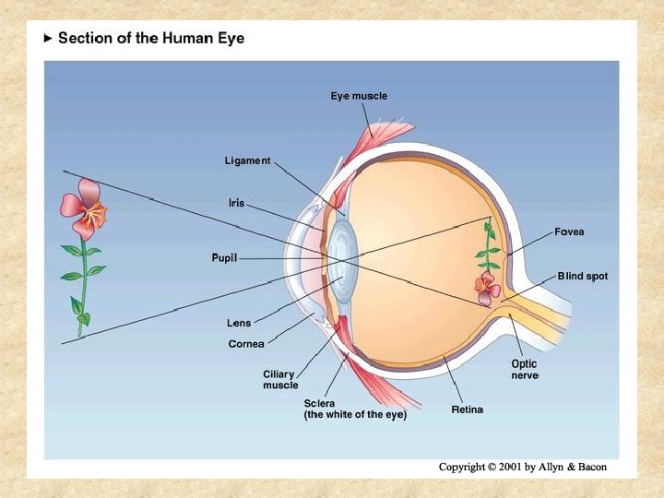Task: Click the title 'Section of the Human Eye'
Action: (151, 40)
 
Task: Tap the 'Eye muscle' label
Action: (359, 96)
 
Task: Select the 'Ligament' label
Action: (248, 161)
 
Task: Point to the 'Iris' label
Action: (237, 202)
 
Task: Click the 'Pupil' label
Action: (225, 258)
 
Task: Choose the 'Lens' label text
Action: (240, 323)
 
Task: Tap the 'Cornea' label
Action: (246, 344)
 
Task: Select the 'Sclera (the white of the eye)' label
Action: (355, 409)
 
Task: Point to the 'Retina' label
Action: (467, 409)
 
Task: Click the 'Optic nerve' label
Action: (525, 370)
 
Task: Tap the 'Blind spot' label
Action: (582, 276)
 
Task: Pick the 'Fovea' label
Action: (569, 231)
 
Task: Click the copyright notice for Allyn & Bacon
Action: (523, 467)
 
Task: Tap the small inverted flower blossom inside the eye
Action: (486, 287)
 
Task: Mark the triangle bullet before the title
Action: (49, 40)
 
